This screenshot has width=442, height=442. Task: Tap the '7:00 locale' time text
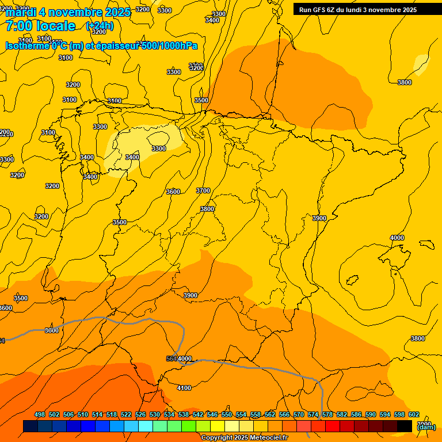coord(40,26)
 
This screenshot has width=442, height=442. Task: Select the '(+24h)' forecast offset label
coord(100,26)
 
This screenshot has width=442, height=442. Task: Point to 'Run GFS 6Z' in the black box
coord(322,9)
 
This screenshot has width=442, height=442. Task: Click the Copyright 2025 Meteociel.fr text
coord(244,438)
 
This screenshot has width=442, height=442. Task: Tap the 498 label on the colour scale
coord(40,415)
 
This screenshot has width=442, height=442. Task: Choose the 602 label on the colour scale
coord(414,415)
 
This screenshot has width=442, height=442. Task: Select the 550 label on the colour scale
coord(227,415)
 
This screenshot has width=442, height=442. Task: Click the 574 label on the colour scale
coord(313,415)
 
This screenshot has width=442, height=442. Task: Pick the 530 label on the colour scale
coord(155,415)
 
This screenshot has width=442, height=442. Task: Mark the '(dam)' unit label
coord(426,426)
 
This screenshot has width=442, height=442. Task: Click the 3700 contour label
coord(203,190)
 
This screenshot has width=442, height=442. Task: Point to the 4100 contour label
coord(184,388)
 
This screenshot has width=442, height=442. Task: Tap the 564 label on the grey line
coord(172,359)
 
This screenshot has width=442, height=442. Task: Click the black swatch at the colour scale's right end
coord(405,426)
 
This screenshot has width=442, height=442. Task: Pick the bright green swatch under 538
coord(189,426)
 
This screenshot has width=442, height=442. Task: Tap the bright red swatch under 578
coord(333,426)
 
